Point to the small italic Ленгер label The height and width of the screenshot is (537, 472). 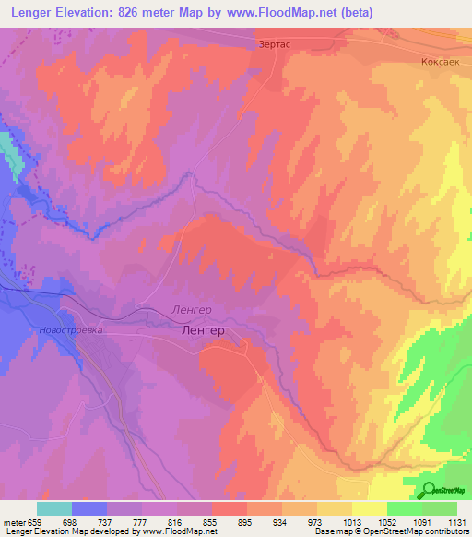point(192,310)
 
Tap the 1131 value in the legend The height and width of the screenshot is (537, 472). point(456,521)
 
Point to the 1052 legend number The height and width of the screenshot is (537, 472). point(387,521)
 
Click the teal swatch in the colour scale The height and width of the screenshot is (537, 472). point(54,508)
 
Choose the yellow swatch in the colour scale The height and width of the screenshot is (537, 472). point(370,508)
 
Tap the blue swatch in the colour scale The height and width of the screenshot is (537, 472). point(89,508)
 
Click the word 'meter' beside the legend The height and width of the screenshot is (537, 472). point(13,521)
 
